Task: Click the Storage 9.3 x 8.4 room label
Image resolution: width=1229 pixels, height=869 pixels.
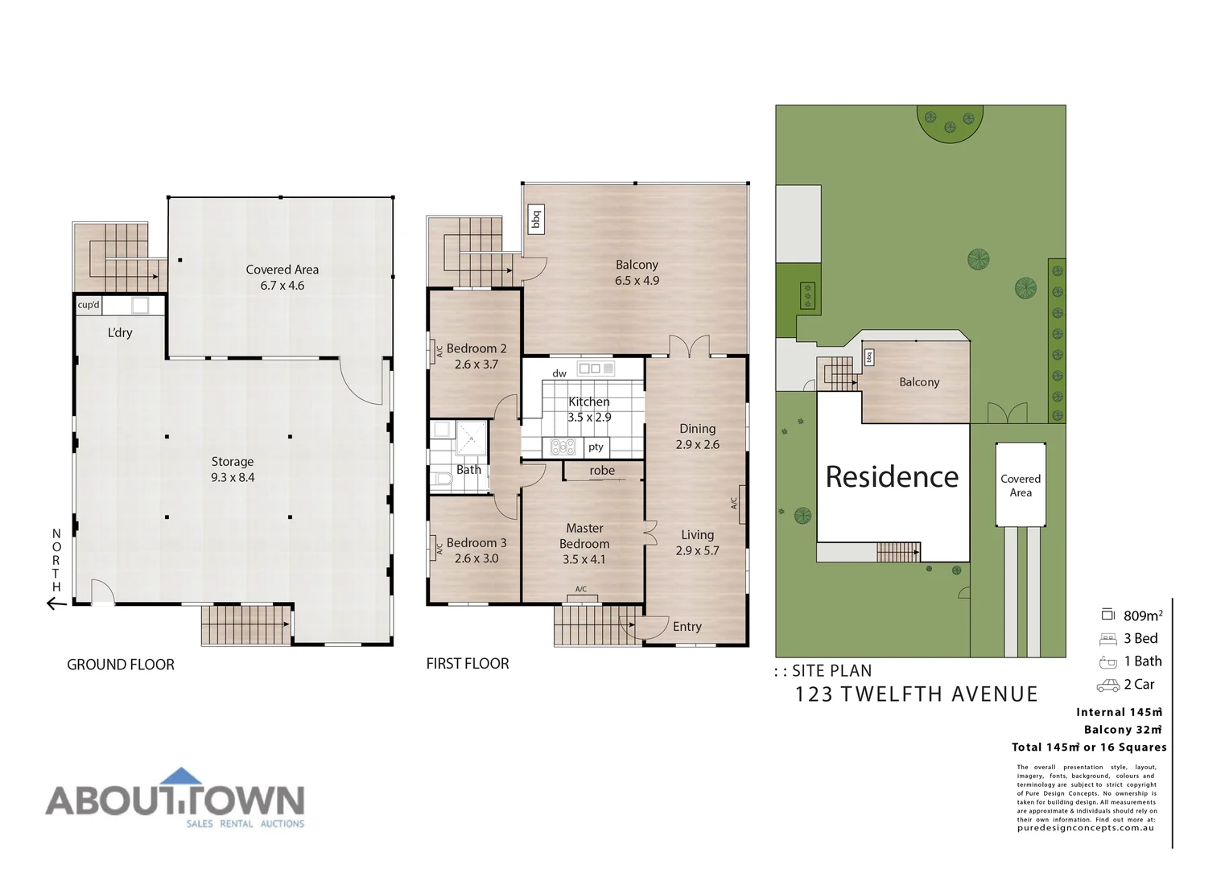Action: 233,469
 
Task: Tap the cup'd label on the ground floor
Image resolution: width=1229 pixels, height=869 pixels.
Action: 89,305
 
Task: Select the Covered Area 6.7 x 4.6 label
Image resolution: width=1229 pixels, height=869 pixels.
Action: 282,278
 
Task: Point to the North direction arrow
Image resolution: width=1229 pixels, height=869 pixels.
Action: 56,603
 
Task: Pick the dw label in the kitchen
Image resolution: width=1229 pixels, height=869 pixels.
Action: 559,373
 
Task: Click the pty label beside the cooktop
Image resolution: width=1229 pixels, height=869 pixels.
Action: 596,447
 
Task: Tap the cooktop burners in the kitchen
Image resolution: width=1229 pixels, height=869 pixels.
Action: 563,447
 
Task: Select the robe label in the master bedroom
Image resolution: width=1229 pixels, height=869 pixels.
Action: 602,471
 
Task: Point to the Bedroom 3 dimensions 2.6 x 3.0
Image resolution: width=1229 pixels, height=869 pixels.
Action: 476,558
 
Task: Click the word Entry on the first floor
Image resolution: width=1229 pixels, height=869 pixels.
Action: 687,627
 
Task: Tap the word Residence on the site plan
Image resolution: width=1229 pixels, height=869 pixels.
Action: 892,477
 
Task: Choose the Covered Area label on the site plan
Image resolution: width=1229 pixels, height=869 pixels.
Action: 1021,485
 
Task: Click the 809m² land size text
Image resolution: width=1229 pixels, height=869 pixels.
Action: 1143,616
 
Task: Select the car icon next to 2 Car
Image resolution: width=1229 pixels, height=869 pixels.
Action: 1108,686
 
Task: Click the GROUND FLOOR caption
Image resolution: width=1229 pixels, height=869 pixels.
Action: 121,665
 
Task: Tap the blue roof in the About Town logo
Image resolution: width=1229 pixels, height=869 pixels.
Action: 182,776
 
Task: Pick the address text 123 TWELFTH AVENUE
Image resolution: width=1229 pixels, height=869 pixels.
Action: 916,694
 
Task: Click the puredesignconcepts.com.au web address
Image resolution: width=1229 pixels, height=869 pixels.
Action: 1085,828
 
